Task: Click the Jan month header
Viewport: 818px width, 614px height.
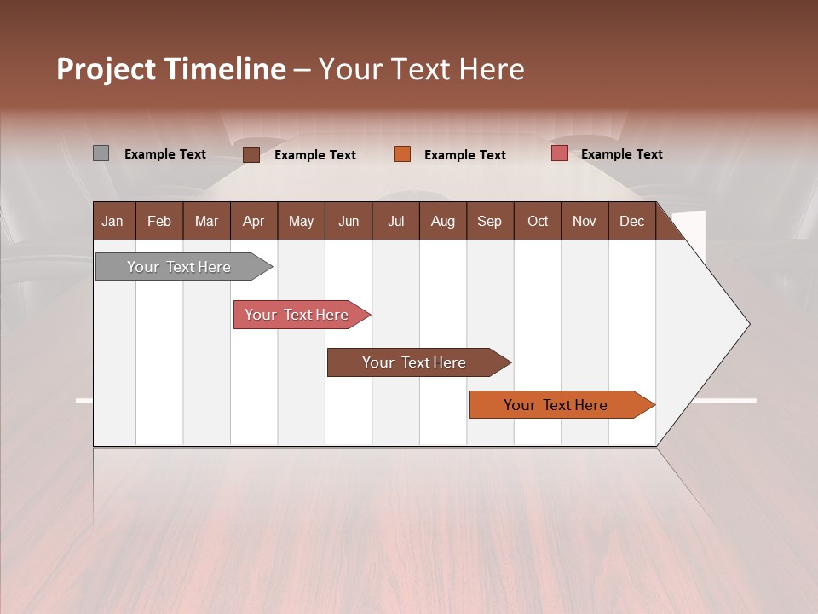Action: pos(113,221)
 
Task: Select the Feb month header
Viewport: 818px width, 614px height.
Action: pos(159,221)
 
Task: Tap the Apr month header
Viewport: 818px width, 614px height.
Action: pos(253,221)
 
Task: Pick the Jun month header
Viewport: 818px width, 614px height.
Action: pos(349,221)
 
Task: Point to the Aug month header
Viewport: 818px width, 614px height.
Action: pos(442,221)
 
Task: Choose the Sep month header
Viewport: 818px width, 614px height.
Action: pos(489,221)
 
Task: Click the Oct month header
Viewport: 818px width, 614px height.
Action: pos(538,221)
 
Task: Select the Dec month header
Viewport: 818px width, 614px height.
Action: pos(631,221)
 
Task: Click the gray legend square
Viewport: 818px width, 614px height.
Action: pos(101,153)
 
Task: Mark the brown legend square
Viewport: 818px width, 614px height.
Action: pos(251,154)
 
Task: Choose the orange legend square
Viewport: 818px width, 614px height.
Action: pos(402,154)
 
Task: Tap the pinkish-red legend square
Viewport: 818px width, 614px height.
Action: pos(560,153)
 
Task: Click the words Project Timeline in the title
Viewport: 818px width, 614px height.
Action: pos(171,69)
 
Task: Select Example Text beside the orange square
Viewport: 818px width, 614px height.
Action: pos(464,154)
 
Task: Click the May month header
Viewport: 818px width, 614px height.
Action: pos(301,221)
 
